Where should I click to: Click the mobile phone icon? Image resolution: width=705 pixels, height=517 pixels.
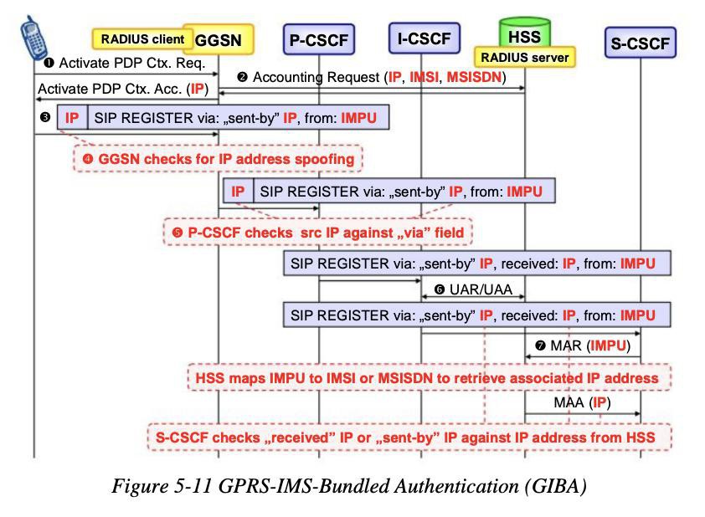34,38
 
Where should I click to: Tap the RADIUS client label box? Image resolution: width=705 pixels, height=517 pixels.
142,39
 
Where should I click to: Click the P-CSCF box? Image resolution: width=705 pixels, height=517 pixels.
319,39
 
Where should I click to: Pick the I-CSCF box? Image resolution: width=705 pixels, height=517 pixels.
424,38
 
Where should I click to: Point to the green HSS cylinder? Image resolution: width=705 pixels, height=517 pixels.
525,33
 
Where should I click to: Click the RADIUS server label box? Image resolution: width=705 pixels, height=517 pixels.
525,57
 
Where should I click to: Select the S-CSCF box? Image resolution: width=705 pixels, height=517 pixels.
641,43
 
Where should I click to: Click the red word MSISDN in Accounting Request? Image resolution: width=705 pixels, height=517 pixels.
473,77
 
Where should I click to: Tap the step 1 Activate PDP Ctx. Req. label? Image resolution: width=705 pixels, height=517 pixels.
126,63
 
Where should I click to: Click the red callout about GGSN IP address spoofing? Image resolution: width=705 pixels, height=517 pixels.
218,159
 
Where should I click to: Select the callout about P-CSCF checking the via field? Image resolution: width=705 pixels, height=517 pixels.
317,233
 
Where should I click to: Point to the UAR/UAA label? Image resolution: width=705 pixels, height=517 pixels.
473,289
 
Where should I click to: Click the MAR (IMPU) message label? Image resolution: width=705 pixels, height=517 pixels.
583,346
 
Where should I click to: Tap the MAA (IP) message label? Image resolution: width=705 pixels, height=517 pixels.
582,402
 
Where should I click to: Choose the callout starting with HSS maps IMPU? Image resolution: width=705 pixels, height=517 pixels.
430,377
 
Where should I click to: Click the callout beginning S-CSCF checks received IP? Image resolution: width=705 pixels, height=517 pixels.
409,437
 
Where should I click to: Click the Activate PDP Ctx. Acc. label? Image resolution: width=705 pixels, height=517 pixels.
123,89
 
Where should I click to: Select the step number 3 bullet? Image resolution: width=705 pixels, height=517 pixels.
45,117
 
